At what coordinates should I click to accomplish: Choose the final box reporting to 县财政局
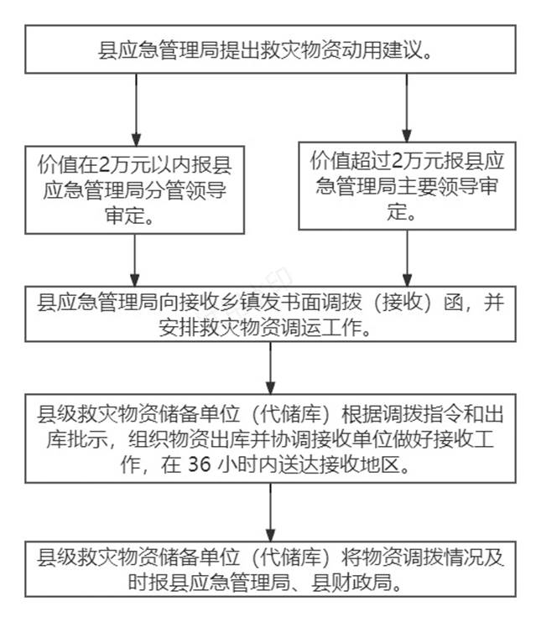(269, 568)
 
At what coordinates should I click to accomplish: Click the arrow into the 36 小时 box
(270, 367)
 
